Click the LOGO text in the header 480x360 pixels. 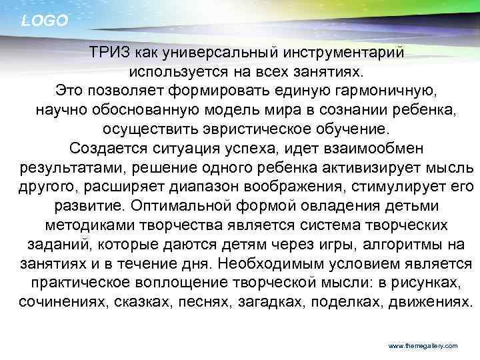[45, 21]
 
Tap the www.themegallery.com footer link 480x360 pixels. [423, 346]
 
